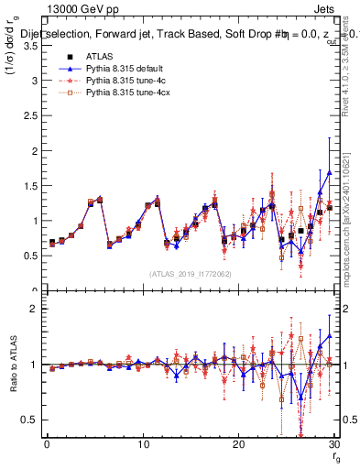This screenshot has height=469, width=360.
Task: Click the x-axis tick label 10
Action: click(142, 444)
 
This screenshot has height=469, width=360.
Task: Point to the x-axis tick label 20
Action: click(237, 444)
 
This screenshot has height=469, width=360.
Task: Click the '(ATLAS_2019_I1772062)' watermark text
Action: click(190, 273)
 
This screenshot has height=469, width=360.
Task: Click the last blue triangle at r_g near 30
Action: click(329, 172)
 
